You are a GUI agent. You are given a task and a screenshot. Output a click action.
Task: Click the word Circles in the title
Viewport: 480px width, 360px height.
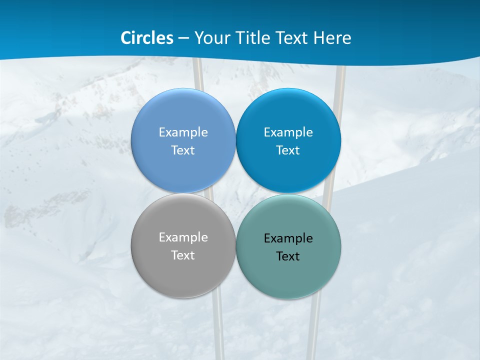tap(147, 38)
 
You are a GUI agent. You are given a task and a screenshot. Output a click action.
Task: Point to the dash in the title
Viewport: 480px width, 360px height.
tap(183, 38)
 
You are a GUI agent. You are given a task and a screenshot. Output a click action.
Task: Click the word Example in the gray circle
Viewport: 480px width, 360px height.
tap(183, 237)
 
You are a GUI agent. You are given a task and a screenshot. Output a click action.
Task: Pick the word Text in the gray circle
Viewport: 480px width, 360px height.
tap(183, 255)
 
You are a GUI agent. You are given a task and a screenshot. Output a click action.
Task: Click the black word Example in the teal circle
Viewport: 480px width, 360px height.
tap(288, 238)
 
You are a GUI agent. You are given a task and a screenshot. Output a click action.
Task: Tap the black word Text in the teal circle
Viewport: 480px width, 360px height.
tap(288, 256)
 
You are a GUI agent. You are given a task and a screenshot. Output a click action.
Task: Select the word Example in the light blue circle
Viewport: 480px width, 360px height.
tap(183, 132)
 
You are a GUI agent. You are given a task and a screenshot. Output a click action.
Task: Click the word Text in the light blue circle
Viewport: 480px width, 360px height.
tap(183, 150)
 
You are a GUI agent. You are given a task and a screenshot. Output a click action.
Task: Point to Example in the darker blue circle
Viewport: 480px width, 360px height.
tap(288, 132)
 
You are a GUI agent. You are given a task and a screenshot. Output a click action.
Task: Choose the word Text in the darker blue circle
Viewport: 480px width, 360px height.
tap(288, 150)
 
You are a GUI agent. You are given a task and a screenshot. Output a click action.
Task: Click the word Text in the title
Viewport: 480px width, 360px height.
tap(292, 38)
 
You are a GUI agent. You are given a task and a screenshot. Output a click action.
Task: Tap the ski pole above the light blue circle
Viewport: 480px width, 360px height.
tap(198, 75)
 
